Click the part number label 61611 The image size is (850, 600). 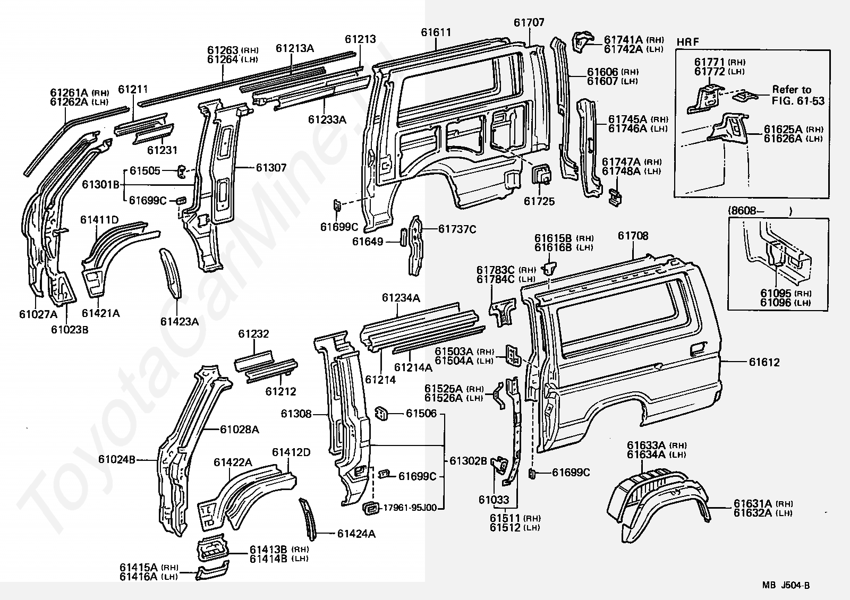436,32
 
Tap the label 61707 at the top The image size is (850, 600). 529,22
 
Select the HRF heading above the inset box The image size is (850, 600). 687,42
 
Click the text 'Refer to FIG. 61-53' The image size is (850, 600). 798,95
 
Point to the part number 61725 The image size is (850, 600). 539,201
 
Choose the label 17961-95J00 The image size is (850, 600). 410,508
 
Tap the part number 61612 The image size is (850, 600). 764,362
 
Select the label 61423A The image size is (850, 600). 180,322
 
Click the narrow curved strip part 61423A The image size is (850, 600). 171,273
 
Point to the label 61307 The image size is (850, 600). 271,168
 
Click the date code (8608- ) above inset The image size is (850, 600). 760,211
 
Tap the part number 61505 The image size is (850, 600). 145,170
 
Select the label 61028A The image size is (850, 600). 240,430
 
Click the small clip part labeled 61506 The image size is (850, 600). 382,413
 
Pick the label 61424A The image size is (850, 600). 356,534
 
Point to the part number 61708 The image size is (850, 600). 633,236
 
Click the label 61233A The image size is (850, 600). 327,119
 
